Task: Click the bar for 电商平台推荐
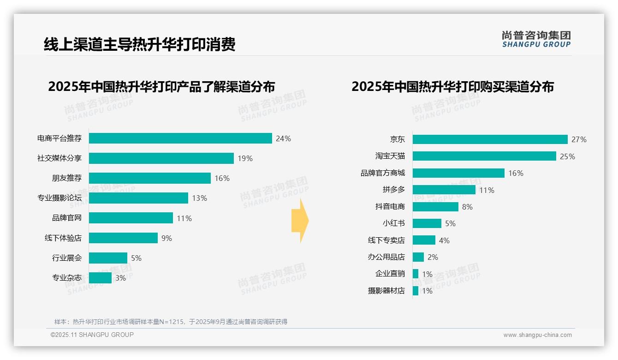coord(180,138)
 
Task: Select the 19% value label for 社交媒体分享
coord(245,158)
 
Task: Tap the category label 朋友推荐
coord(66,178)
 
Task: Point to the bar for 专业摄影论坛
coord(138,198)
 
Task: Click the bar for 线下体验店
coord(123,238)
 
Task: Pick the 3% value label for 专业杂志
coord(120,278)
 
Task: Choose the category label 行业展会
coord(66,258)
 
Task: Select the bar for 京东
coord(490,139)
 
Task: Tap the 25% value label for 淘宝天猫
coord(567,156)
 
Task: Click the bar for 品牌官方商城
coord(458,173)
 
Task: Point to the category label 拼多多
coord(393,190)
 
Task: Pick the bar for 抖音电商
coord(435,207)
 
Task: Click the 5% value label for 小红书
coord(450,223)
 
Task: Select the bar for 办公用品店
coord(418,257)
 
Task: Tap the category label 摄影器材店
coord(386,291)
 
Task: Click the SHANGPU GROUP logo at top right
coord(536,39)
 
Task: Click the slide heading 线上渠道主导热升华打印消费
coord(139,44)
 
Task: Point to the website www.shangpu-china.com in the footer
coord(537,335)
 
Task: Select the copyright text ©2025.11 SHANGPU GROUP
coord(92,335)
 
